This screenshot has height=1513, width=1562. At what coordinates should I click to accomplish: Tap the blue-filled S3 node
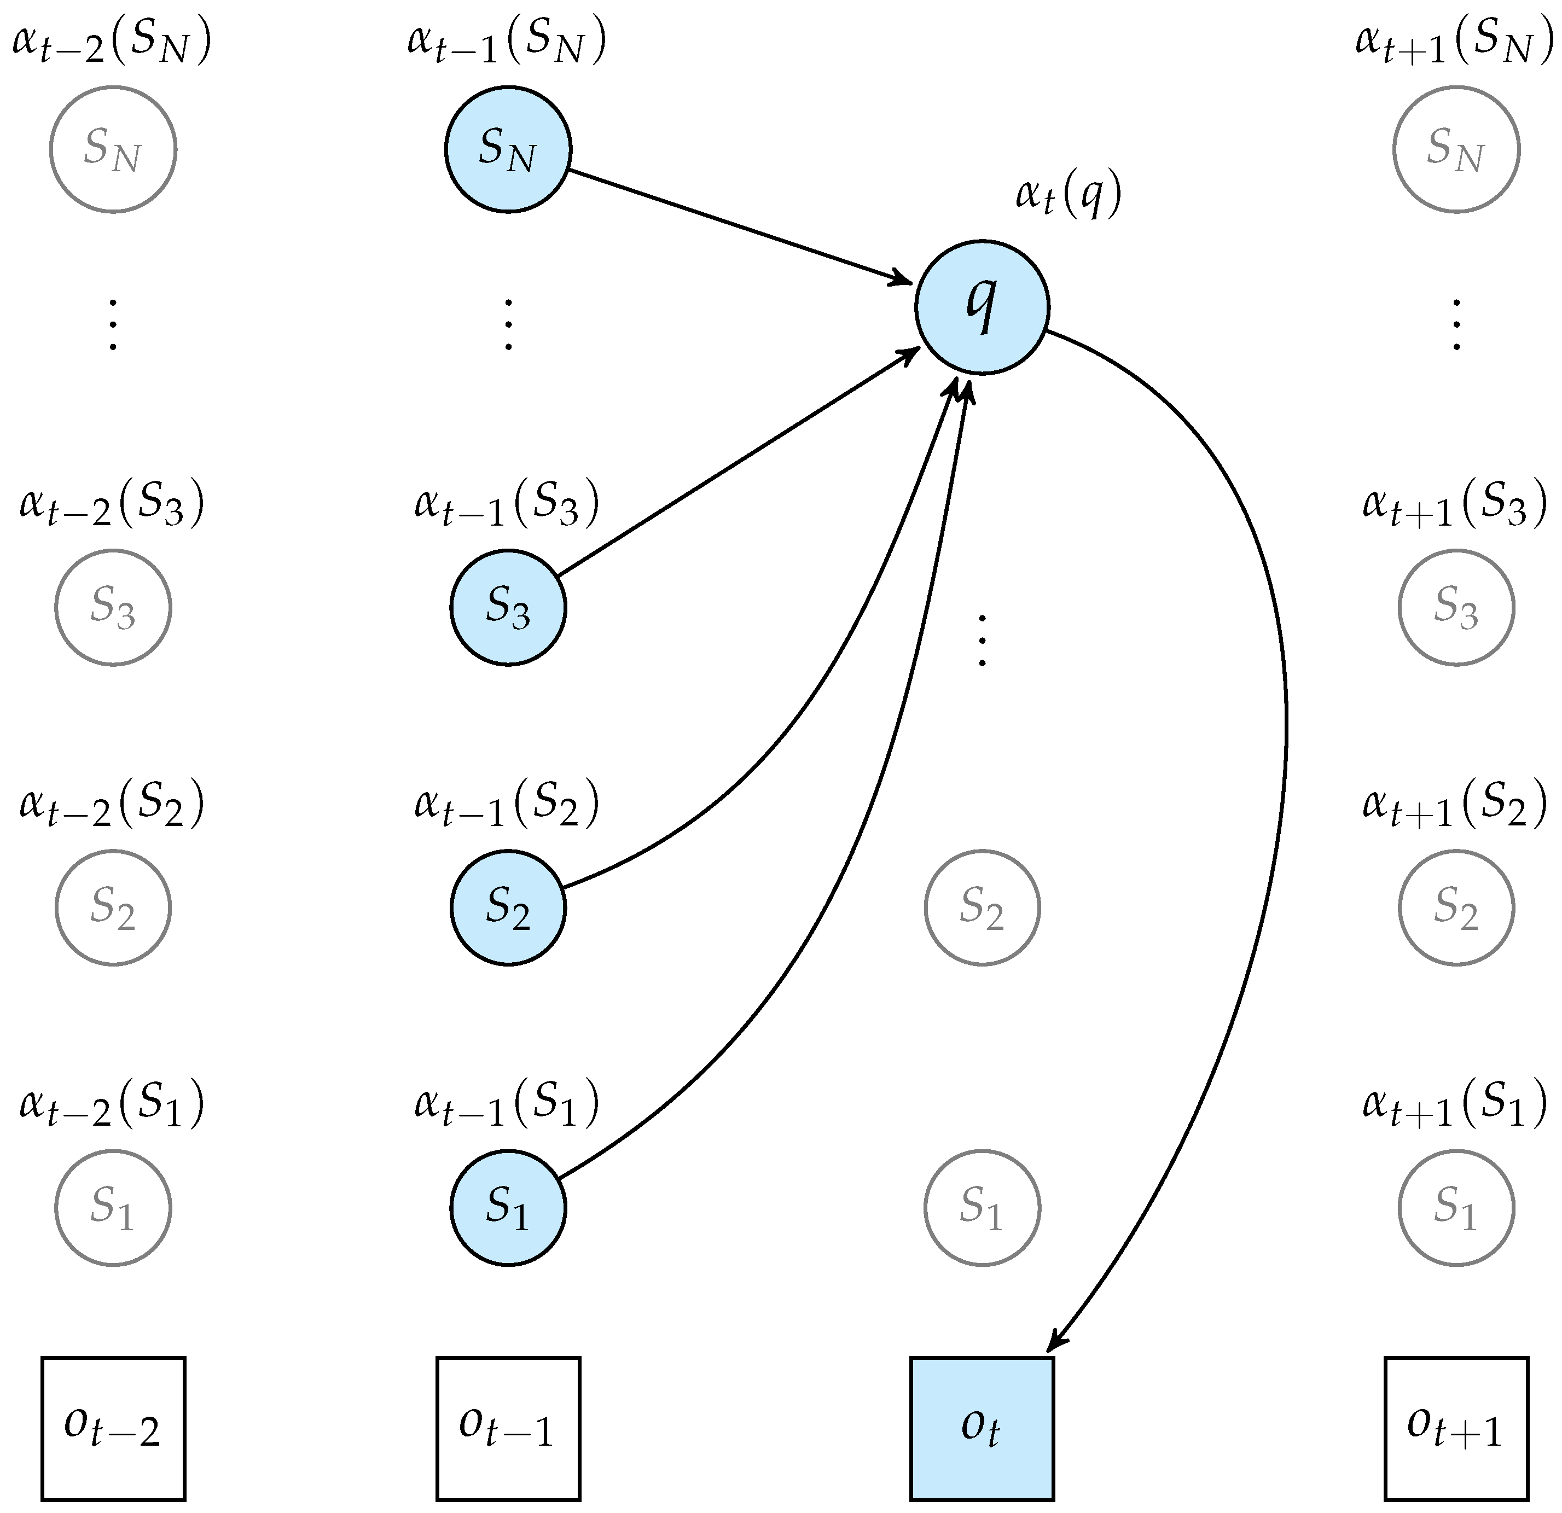(508, 607)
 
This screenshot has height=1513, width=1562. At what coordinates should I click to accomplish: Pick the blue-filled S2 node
(508, 907)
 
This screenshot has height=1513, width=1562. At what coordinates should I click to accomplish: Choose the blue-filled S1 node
(508, 1208)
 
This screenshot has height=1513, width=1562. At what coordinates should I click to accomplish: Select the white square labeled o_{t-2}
(113, 1429)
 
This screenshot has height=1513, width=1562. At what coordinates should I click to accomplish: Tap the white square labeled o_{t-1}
(508, 1429)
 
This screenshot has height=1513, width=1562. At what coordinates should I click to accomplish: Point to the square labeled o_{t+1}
(1455, 1429)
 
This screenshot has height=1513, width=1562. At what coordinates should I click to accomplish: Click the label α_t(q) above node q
(1068, 195)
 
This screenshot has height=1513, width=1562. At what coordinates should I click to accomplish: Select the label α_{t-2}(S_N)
(112, 42)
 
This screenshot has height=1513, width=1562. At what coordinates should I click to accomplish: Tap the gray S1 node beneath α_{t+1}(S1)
(1455, 1208)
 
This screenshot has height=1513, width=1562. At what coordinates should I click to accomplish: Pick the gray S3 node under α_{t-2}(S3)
(113, 607)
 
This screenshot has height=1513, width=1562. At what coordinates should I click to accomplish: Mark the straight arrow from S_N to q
(741, 226)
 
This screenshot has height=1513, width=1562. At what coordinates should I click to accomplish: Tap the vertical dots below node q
(982, 640)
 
